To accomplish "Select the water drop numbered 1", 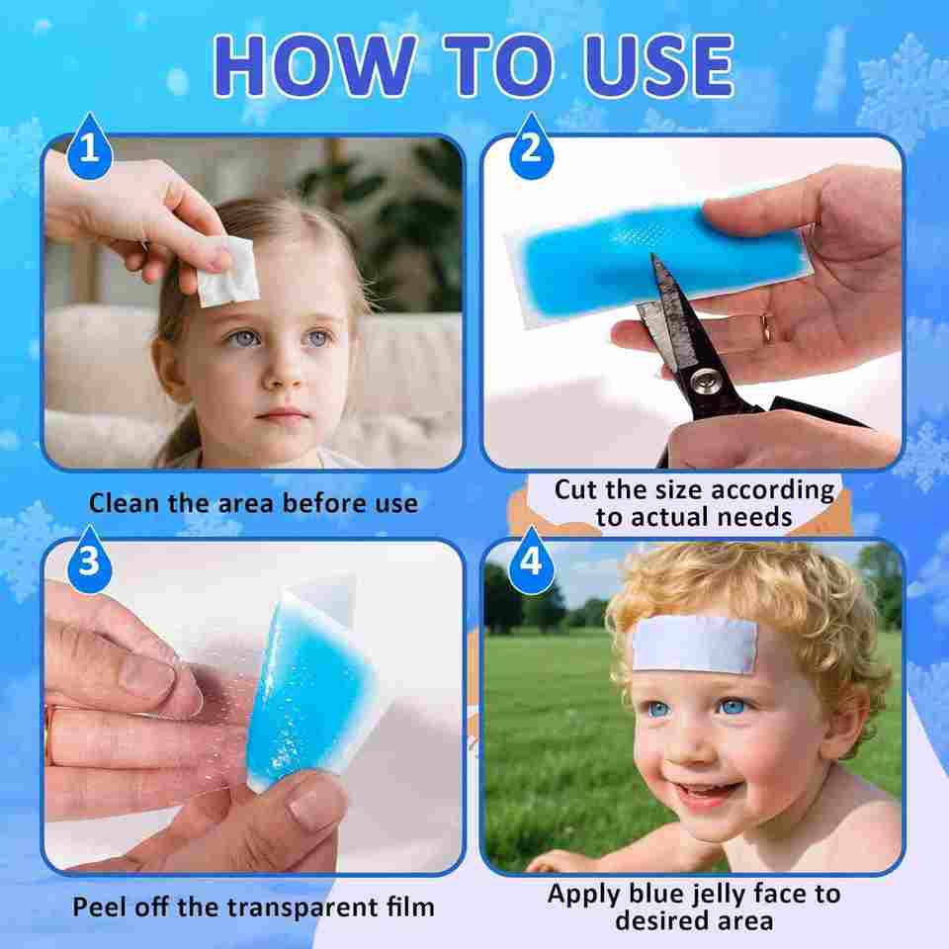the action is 89,146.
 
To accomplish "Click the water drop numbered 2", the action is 531,146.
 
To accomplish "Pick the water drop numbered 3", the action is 89,560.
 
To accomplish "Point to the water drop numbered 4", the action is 531,560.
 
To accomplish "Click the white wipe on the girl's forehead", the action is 228,273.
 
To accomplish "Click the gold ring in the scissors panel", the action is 767,328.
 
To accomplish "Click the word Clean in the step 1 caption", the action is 126,503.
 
